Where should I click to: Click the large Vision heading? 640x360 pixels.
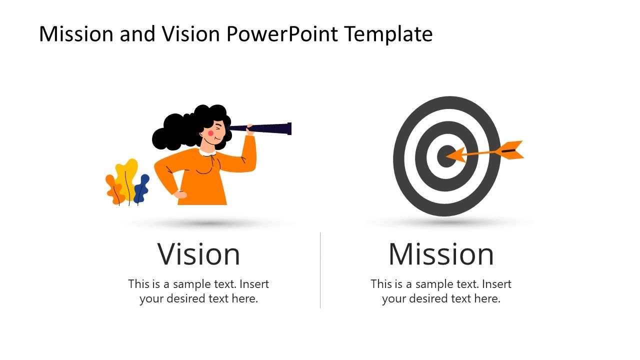198,254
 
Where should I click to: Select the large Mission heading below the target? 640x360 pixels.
441,254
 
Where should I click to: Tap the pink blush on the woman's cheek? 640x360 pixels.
210,133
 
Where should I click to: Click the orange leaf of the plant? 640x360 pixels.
114,190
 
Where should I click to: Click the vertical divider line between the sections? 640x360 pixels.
320,270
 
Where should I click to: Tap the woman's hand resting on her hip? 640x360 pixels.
180,194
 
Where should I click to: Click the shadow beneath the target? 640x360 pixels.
446,222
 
